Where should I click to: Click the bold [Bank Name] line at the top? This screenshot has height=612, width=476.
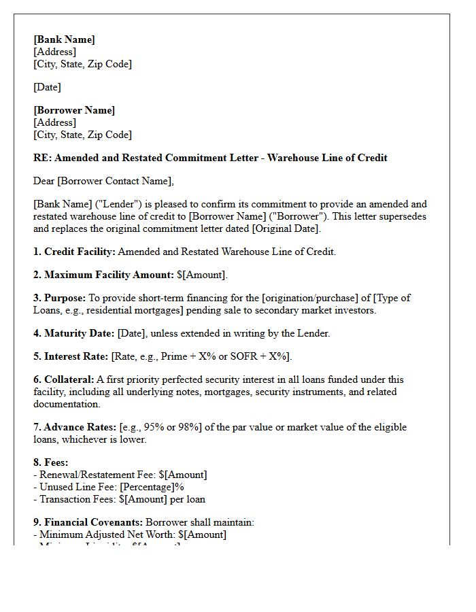pos(64,39)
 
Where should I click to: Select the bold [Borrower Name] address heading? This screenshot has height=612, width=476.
pos(74,110)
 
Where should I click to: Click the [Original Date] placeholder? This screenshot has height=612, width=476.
pos(285,228)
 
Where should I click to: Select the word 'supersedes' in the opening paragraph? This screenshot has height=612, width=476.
pos(403,216)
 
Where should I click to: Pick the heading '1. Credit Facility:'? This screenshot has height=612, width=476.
pos(74,252)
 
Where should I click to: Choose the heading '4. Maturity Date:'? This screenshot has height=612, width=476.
pos(74,333)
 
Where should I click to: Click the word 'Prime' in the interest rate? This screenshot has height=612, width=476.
pos(169,356)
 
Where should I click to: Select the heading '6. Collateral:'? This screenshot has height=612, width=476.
pos(64,379)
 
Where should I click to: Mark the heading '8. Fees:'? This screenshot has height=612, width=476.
pos(51,462)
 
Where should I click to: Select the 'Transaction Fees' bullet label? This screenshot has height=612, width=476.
pos(75,499)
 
